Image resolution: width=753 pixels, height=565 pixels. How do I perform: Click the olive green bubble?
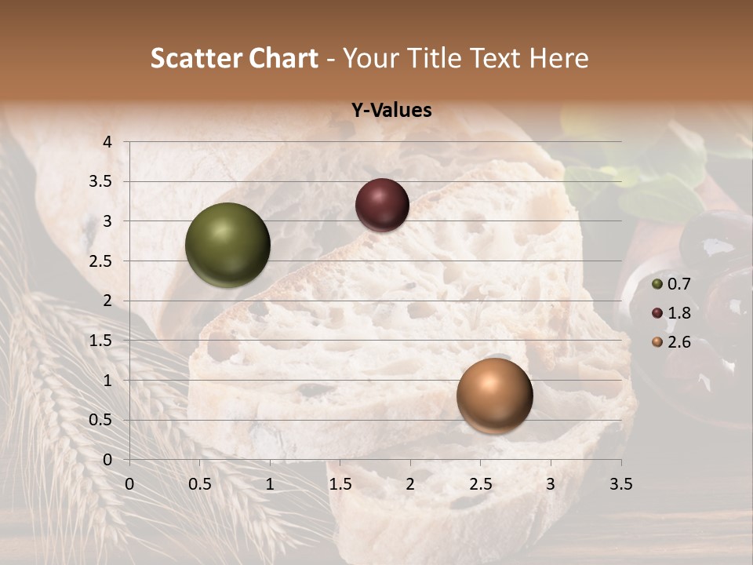click(227, 245)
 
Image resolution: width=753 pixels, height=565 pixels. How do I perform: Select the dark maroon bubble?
click(382, 205)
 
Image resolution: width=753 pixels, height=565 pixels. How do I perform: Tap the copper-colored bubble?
click(494, 395)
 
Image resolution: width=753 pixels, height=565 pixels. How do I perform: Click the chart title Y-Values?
click(391, 111)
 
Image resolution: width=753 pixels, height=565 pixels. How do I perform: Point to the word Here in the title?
click(558, 58)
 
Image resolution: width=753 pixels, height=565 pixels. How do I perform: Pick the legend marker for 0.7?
click(657, 284)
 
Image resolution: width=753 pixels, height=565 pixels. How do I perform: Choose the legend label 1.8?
click(678, 313)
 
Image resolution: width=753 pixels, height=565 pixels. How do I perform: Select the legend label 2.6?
click(678, 342)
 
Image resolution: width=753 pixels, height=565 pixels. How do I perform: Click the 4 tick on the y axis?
click(107, 142)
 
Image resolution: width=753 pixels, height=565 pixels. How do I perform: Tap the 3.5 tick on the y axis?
click(101, 182)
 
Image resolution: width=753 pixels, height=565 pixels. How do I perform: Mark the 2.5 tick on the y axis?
click(101, 261)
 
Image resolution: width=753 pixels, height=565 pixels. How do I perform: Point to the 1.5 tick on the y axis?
click(101, 341)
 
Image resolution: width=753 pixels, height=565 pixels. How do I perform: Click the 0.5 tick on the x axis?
click(199, 484)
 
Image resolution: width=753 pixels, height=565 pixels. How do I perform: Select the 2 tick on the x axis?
click(410, 484)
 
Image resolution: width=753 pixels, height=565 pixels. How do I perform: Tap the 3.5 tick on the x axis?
click(620, 484)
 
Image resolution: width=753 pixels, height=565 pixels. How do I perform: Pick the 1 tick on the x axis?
click(270, 484)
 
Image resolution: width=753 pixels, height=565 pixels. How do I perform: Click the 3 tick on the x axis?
click(551, 484)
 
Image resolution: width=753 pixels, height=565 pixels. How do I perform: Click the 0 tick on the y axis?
click(107, 460)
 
